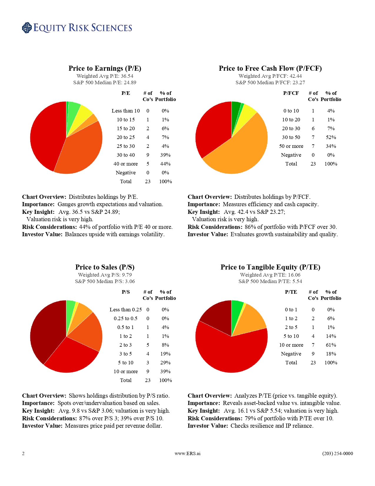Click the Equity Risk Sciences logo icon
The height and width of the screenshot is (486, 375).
click(27, 28)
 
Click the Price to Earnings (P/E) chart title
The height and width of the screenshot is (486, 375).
click(105, 68)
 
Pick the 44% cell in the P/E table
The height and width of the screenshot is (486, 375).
click(165, 164)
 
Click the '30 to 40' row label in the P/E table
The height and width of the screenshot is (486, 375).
click(126, 155)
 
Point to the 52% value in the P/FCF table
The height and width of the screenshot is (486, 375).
click(331, 137)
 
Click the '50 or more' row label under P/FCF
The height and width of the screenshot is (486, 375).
click(291, 146)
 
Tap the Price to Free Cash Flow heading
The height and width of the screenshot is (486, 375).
click(270, 68)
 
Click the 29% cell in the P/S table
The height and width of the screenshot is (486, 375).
click(165, 363)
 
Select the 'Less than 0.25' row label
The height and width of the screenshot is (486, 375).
click(126, 310)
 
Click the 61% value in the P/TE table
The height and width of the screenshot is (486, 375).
click(331, 345)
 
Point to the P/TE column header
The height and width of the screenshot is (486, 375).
click(291, 292)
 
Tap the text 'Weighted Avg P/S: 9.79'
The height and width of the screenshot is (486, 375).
click(105, 275)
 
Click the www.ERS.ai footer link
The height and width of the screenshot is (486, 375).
click(187, 454)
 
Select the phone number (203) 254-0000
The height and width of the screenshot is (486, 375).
click(337, 454)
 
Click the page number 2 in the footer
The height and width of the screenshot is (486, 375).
click(23, 454)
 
